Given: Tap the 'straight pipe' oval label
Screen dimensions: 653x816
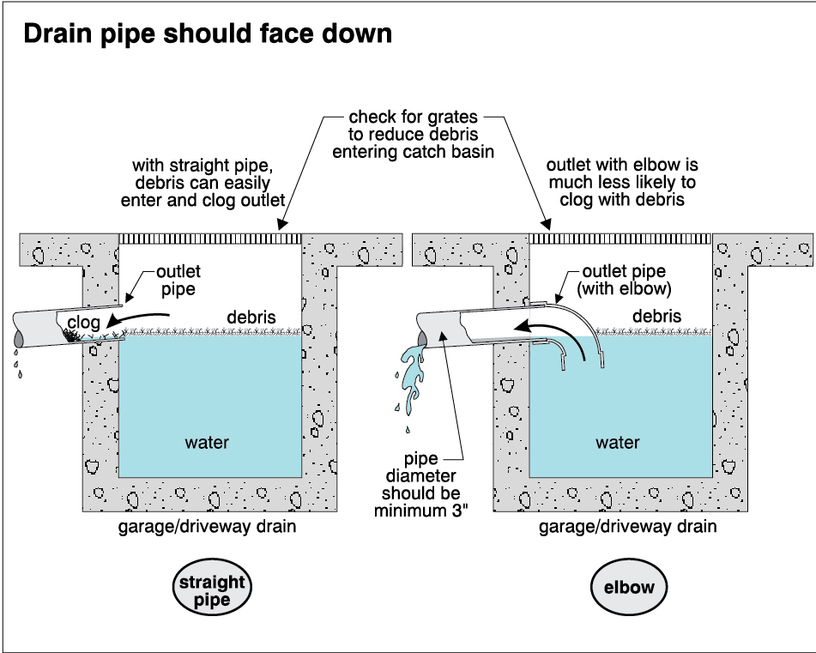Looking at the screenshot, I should pos(211,590).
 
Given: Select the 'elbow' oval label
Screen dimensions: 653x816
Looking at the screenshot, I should pos(629,589).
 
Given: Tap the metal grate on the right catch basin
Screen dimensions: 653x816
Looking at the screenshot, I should pos(621,237).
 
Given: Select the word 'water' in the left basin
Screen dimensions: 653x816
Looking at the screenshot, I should pos(208,443).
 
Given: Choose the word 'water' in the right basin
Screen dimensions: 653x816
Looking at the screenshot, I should pos(618,443).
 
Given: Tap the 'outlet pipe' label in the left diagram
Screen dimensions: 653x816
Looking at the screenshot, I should pos(178,280).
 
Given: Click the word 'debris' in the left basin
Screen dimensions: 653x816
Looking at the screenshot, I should pos(251,317).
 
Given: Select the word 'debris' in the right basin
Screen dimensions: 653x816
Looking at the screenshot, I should pos(656,317).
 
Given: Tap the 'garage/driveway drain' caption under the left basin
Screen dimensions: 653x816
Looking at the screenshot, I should pos(207,526).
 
